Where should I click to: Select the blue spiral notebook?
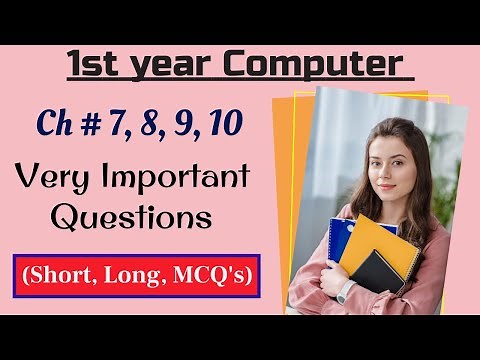coord(339,240)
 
